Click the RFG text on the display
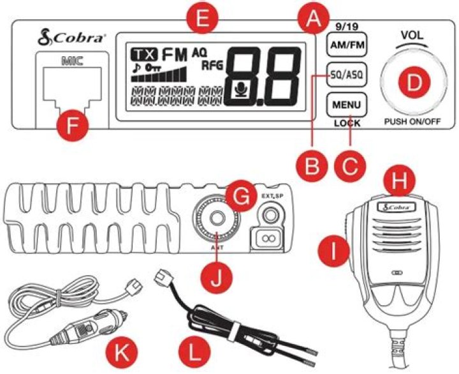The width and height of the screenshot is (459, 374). [x=212, y=66]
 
